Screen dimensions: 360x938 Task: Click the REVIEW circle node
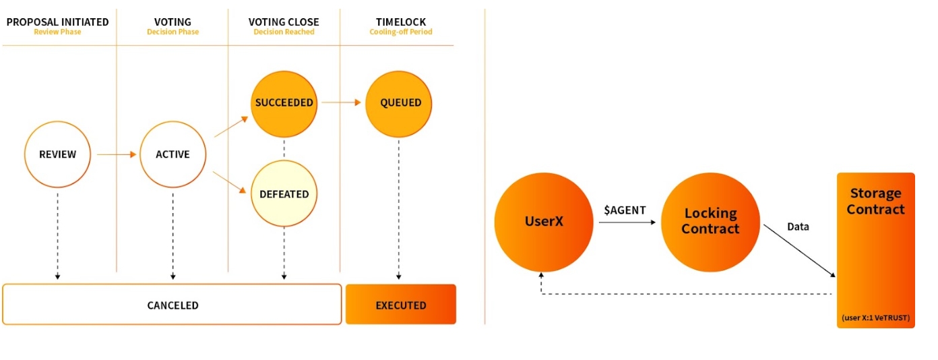coord(57,154)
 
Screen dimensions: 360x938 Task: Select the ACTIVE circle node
coord(173,154)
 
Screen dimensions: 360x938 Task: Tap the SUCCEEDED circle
coord(284,103)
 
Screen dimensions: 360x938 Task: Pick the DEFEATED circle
coord(284,194)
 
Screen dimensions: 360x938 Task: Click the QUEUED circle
coord(398,103)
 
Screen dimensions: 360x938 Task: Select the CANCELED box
coord(173,305)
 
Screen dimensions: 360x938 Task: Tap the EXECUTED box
coord(401,305)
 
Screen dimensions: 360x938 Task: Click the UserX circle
coord(544,221)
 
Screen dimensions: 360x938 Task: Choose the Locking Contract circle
coord(710,221)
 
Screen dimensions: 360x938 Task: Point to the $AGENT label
coord(625,210)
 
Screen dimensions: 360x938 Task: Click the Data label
coord(798,227)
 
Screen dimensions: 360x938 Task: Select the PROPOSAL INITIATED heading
coord(57,22)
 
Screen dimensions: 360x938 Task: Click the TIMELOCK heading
coord(401,22)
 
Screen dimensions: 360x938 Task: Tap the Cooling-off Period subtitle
coord(401,32)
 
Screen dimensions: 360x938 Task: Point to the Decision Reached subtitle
coord(284,32)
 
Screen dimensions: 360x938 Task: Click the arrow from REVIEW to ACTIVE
coord(116,154)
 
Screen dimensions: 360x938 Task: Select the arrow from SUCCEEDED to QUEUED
coord(342,103)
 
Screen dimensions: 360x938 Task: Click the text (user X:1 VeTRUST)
coord(875,318)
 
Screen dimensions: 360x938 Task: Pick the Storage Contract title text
coord(875,202)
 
